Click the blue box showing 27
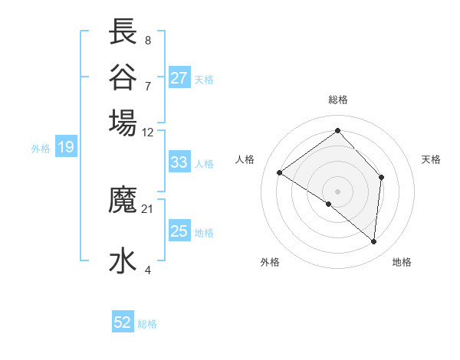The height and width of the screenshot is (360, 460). click(x=179, y=78)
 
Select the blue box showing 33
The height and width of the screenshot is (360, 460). click(x=179, y=162)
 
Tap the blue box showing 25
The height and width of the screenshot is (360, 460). click(x=179, y=231)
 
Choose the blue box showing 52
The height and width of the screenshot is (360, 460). click(x=123, y=322)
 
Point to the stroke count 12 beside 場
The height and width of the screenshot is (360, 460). click(x=148, y=132)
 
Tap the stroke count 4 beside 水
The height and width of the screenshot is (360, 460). click(x=148, y=269)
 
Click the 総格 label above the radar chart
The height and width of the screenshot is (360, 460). click(x=338, y=100)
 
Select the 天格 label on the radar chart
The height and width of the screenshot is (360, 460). click(x=431, y=159)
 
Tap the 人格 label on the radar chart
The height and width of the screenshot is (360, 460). click(x=245, y=159)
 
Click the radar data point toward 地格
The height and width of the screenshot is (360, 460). click(x=374, y=241)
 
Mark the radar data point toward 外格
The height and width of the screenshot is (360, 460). click(x=329, y=204)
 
